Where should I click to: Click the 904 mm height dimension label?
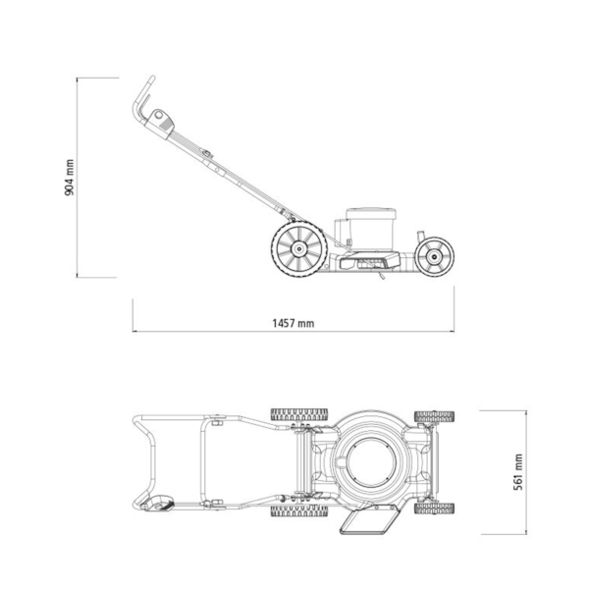click(70, 178)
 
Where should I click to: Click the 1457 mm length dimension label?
click(293, 323)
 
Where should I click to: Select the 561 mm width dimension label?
click(518, 472)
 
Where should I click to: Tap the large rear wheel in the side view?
click(299, 248)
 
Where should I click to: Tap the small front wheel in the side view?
click(434, 257)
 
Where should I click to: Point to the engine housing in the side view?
click(366, 229)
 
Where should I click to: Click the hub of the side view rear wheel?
click(299, 248)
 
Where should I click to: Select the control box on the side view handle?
click(162, 124)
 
